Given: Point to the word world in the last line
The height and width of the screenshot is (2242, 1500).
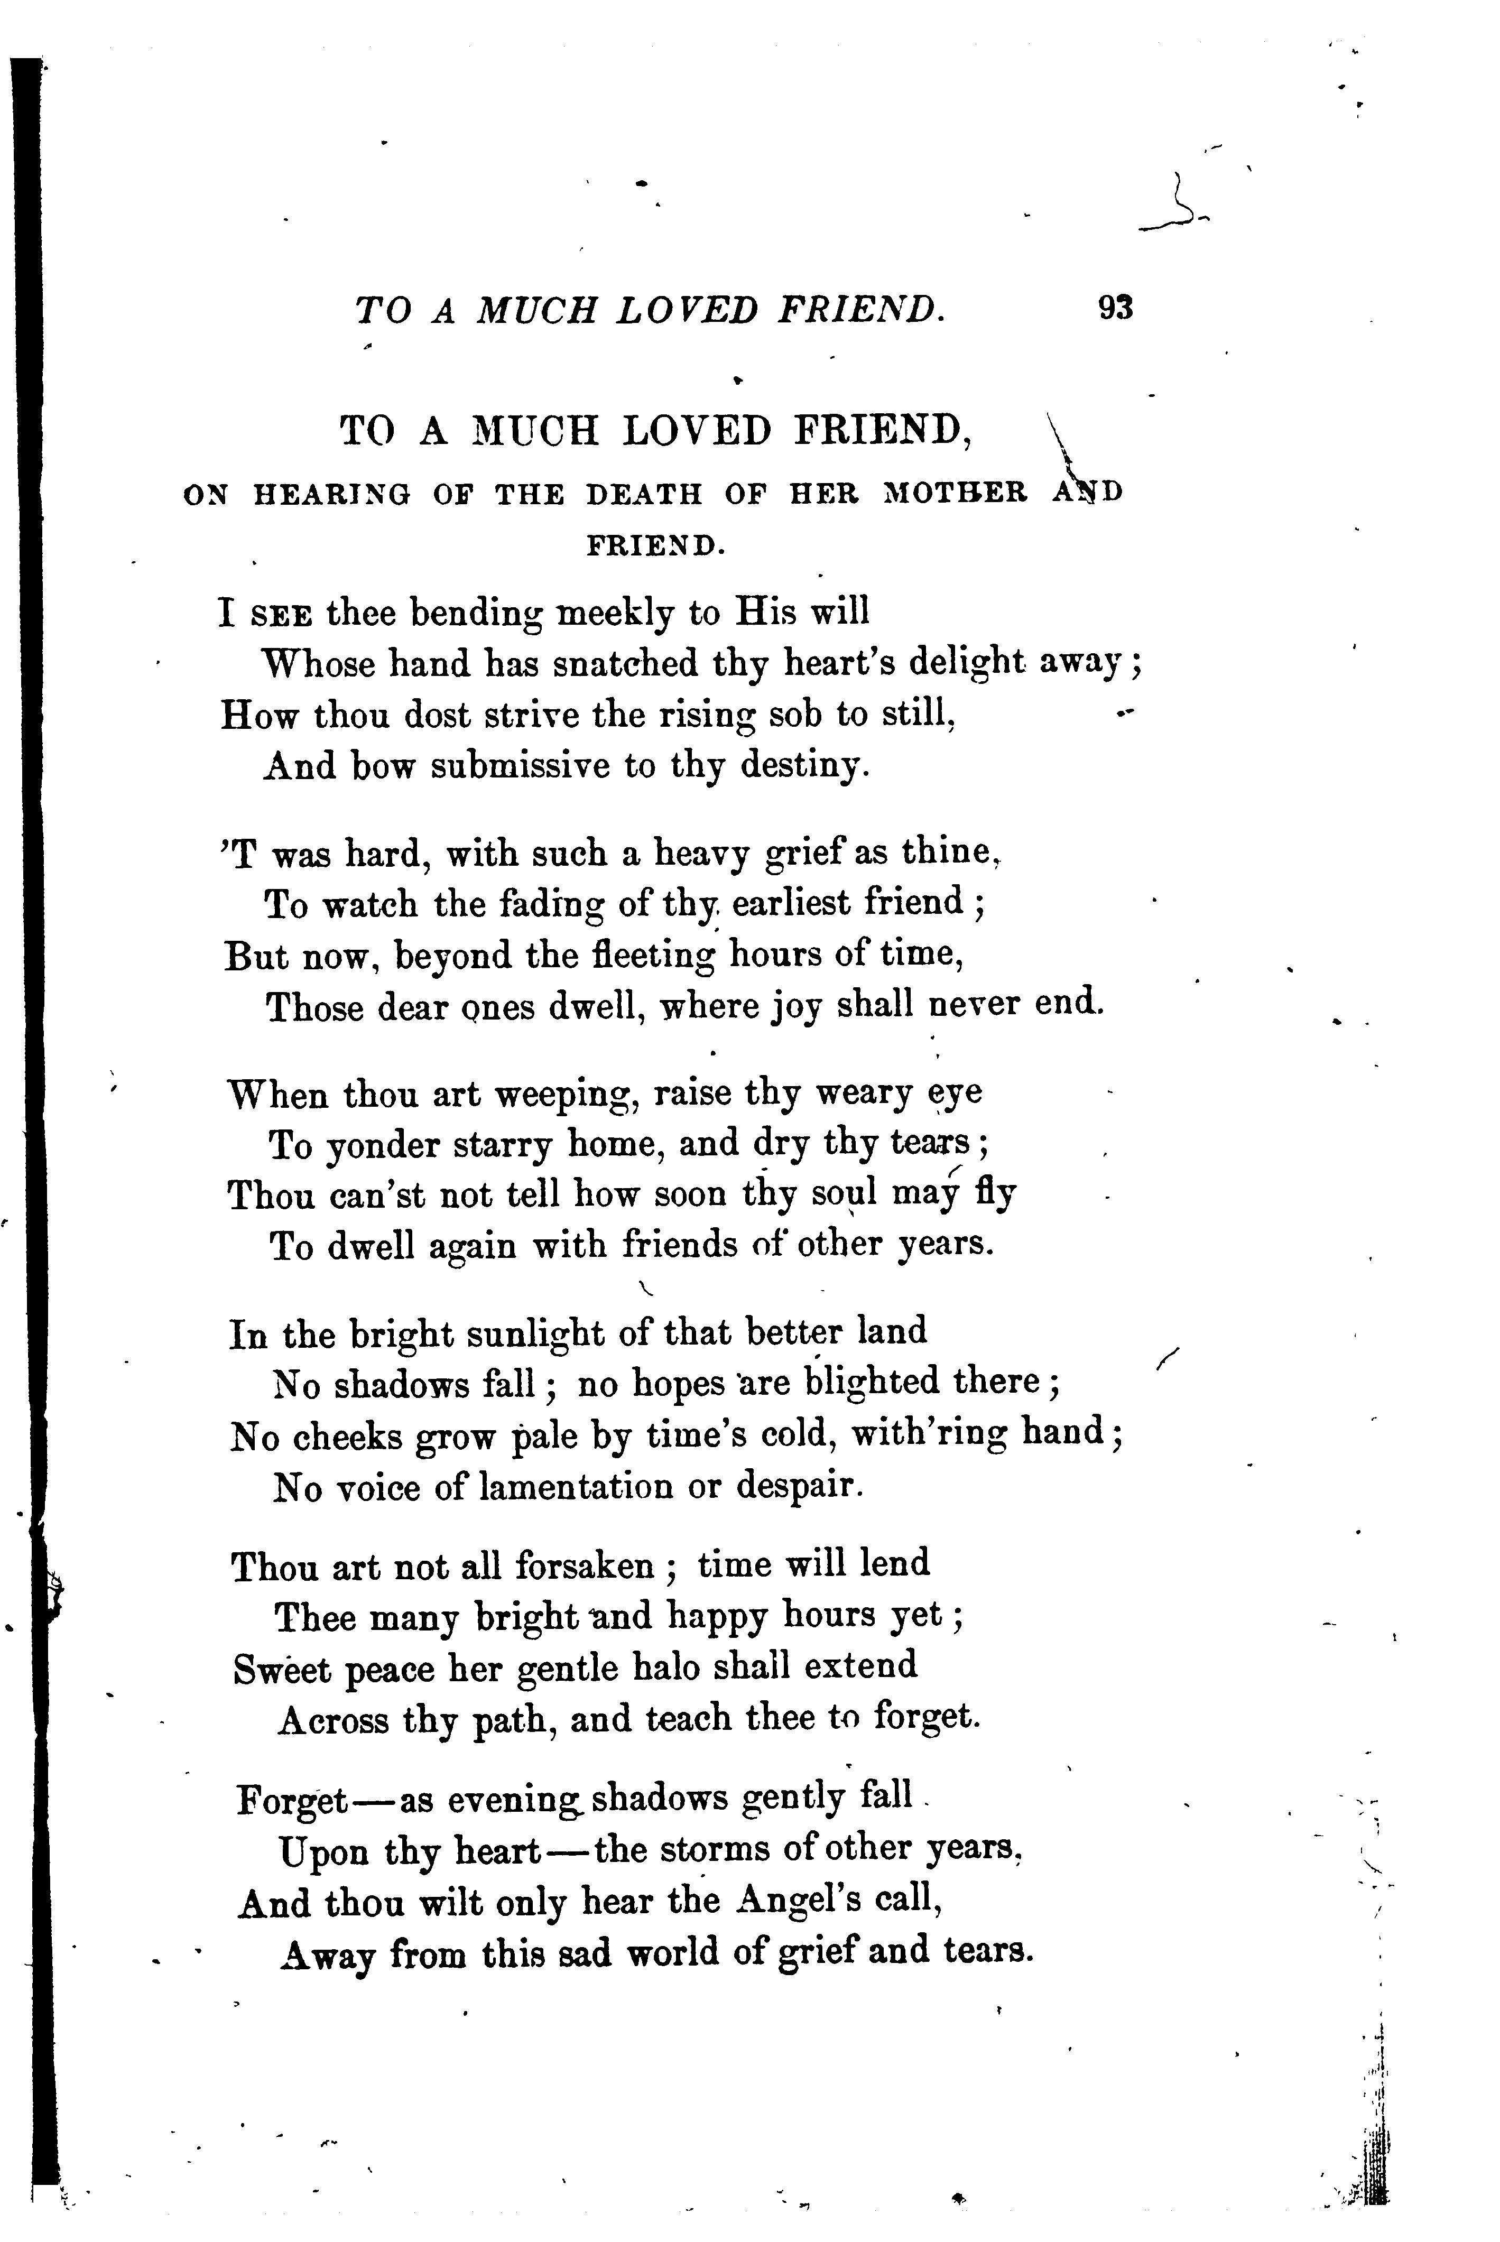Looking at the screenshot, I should point(672,1953).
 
